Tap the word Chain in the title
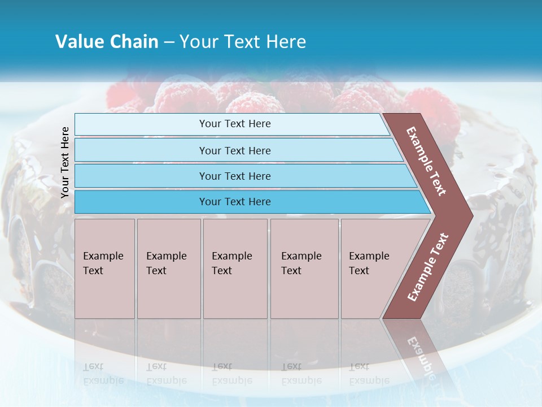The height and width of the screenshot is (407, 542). click(134, 42)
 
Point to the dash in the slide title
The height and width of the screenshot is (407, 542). click(169, 42)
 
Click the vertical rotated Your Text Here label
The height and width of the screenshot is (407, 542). click(65, 162)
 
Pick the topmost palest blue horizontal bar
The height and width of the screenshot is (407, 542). click(231, 124)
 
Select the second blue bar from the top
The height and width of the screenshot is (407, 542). click(237, 150)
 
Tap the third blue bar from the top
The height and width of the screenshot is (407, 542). click(243, 176)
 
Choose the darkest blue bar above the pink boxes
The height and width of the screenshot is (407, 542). click(248, 202)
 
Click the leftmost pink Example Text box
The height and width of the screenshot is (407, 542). click(104, 268)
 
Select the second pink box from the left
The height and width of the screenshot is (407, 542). click(168, 268)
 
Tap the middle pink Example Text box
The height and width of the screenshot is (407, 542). click(235, 268)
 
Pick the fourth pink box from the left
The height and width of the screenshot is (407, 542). click(304, 268)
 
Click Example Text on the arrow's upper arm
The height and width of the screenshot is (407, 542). click(426, 161)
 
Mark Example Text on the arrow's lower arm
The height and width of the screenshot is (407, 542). click(428, 267)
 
